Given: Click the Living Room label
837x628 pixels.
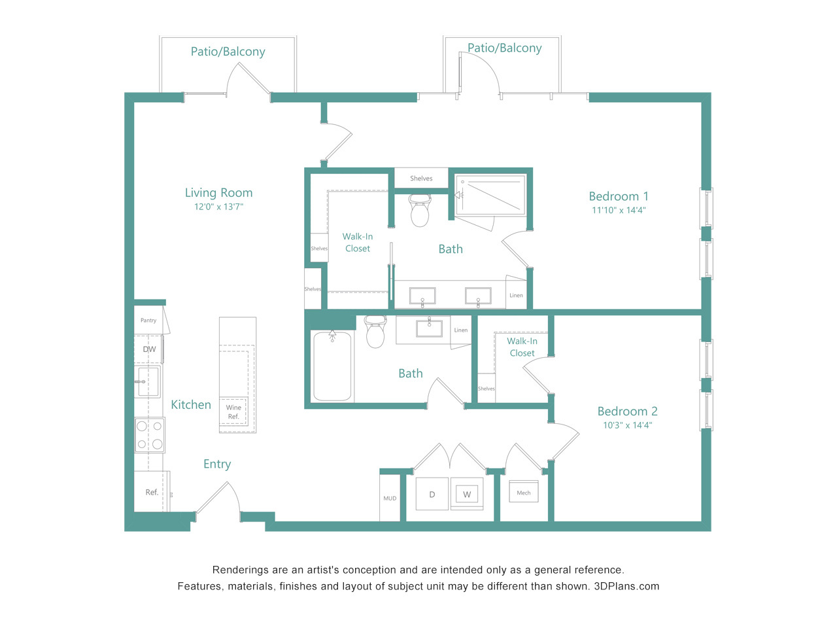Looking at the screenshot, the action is pyautogui.click(x=218, y=192).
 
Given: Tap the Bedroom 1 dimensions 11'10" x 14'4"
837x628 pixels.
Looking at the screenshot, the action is pyautogui.click(x=619, y=210).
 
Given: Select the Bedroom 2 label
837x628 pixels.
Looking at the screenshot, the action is pyautogui.click(x=627, y=411).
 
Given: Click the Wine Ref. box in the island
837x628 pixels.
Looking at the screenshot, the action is pyautogui.click(x=233, y=412).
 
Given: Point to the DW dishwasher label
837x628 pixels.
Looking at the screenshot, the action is pyautogui.click(x=149, y=349).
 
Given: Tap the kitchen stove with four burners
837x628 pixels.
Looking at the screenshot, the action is pyautogui.click(x=150, y=435).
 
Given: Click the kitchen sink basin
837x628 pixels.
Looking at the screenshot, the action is pyautogui.click(x=148, y=381).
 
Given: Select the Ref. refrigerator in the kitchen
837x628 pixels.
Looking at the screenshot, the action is pyautogui.click(x=152, y=491).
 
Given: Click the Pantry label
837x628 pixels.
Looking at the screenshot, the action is pyautogui.click(x=148, y=321).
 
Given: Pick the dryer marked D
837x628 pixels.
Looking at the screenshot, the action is pyautogui.click(x=432, y=494).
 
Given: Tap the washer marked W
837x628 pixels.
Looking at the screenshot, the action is pyautogui.click(x=467, y=494).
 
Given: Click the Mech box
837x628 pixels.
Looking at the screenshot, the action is pyautogui.click(x=524, y=492).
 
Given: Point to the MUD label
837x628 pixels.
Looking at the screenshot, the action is pyautogui.click(x=390, y=498).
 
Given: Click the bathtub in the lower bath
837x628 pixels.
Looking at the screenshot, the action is pyautogui.click(x=332, y=366).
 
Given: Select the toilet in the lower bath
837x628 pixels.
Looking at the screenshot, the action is pyautogui.click(x=375, y=332).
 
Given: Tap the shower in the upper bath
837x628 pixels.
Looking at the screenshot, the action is pyautogui.click(x=491, y=195).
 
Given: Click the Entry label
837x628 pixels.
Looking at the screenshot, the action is pyautogui.click(x=217, y=464).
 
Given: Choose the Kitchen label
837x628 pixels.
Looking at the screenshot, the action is pyautogui.click(x=191, y=404).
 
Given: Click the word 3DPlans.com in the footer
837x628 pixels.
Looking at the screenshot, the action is pyautogui.click(x=626, y=586).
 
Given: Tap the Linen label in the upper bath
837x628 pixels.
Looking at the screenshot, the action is pyautogui.click(x=516, y=295).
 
